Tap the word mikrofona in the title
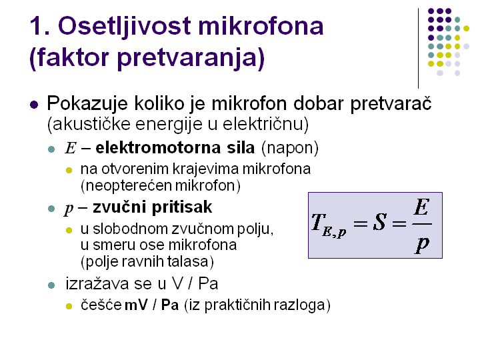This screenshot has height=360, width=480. pos(261,25)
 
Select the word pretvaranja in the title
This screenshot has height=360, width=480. pos(191,58)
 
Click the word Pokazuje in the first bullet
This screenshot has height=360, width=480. pos(87,104)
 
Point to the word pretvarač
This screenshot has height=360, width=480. pos(391,104)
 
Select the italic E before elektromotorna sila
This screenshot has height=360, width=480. pos(71,148)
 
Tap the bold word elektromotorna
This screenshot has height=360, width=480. pos(158,148)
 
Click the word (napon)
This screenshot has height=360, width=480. pos(290,148)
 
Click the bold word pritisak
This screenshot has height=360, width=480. pos(182,207)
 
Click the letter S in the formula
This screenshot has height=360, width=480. pos(379,222)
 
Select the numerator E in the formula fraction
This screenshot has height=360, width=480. pos(421,207)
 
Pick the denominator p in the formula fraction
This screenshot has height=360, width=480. pos(422,244)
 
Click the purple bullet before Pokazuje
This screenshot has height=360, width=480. pos(34,105)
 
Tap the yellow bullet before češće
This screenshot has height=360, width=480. pos(69,306)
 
